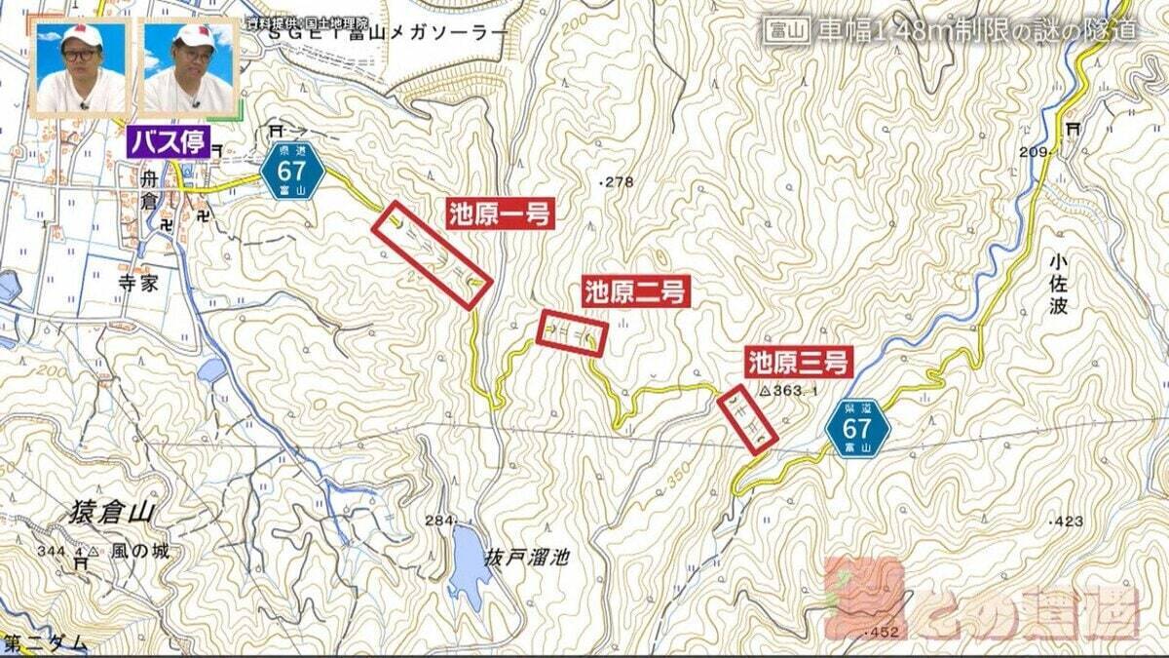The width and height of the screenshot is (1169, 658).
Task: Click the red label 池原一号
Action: pyautogui.click(x=501, y=213)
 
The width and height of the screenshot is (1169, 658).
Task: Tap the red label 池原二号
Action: pyautogui.click(x=636, y=290)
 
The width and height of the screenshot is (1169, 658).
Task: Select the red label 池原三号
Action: pyautogui.click(x=800, y=363)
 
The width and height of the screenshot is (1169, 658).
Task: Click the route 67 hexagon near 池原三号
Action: pyautogui.click(x=857, y=430)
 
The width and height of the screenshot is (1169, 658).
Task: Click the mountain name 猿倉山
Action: pyautogui.click(x=114, y=514)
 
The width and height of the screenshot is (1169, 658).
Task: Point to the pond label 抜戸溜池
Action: pyautogui.click(x=526, y=558)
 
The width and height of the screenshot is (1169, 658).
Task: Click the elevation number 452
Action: pyautogui.click(x=886, y=631)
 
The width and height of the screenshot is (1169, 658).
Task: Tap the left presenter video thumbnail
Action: pyautogui.click(x=81, y=68)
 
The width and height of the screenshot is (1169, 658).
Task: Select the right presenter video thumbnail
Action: pyautogui.click(x=189, y=68)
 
